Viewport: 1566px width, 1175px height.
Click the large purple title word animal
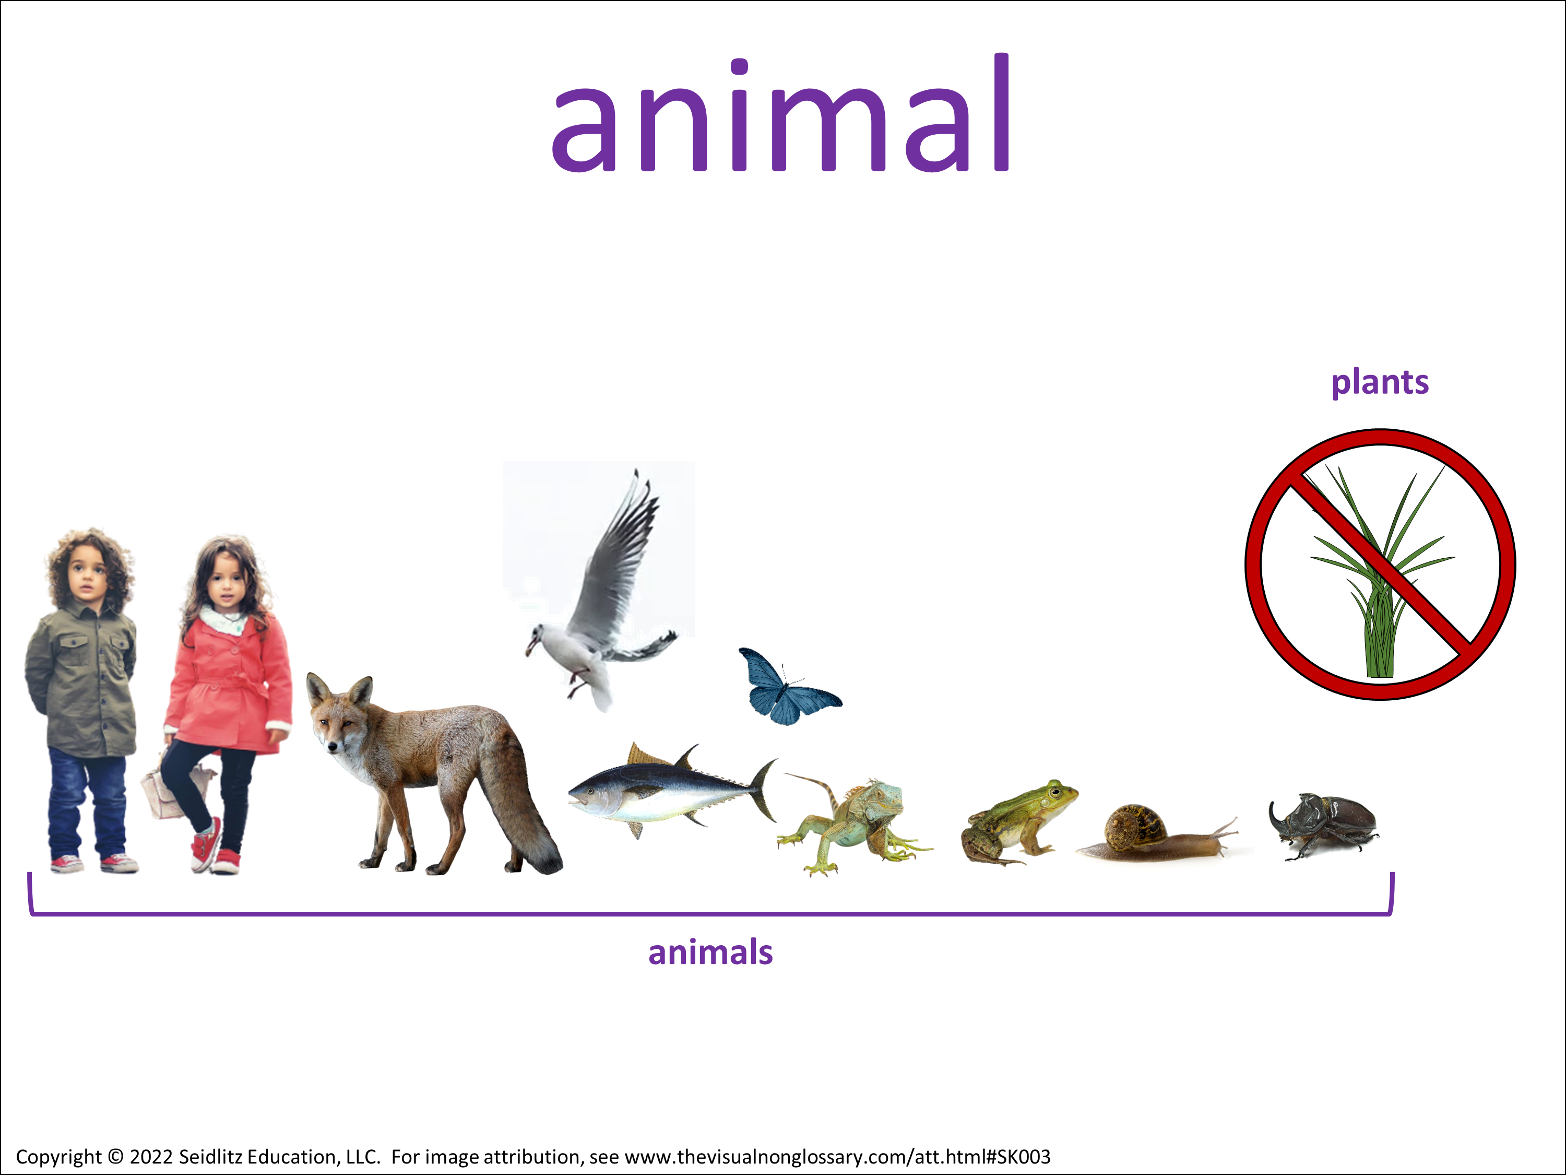[781, 113]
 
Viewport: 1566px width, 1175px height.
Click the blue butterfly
[788, 686]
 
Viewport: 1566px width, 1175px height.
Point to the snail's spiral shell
[1135, 827]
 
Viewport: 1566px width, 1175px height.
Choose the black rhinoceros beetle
[1323, 825]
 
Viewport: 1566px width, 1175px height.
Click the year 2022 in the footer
[151, 1157]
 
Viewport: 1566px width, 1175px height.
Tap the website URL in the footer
[837, 1157]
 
